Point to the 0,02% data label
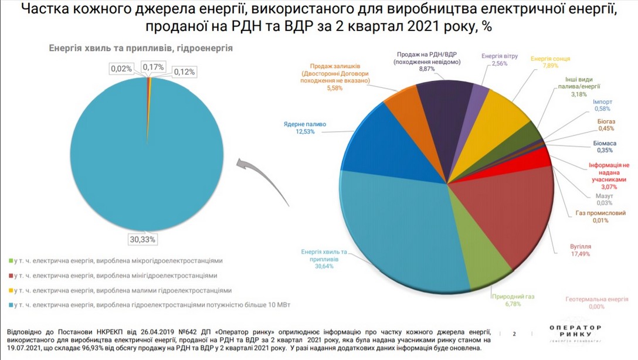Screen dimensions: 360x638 click(121, 69)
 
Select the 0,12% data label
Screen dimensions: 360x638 click(185, 72)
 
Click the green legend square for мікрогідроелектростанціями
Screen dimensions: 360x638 click(11, 261)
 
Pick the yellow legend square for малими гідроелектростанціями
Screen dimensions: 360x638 click(11, 291)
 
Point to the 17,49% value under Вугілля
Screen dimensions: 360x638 click(580, 254)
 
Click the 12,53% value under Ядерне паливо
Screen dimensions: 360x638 click(306, 132)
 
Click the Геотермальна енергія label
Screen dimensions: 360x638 click(596, 299)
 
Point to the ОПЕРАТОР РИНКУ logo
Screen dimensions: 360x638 click(576, 334)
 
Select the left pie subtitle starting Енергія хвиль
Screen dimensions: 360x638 click(141, 49)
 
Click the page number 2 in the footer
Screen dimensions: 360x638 click(514, 334)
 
